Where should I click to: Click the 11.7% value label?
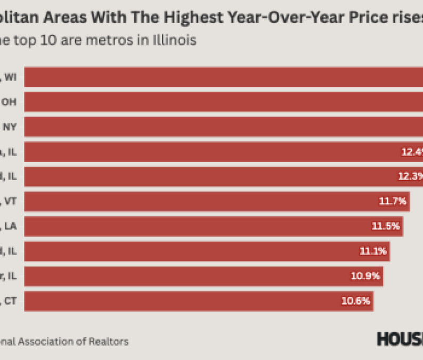click(393, 201)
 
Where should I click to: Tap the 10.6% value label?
click(355, 300)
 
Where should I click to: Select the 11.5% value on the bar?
click(386, 226)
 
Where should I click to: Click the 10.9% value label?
click(365, 276)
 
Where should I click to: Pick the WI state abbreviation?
click(11, 78)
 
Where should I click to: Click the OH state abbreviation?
click(10, 102)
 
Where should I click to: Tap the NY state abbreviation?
click(10, 127)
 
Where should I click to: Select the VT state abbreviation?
click(11, 201)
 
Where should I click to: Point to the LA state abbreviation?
click(11, 226)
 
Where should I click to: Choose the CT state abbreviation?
click(11, 300)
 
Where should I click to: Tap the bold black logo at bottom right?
click(400, 339)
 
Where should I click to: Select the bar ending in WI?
click(224, 77)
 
